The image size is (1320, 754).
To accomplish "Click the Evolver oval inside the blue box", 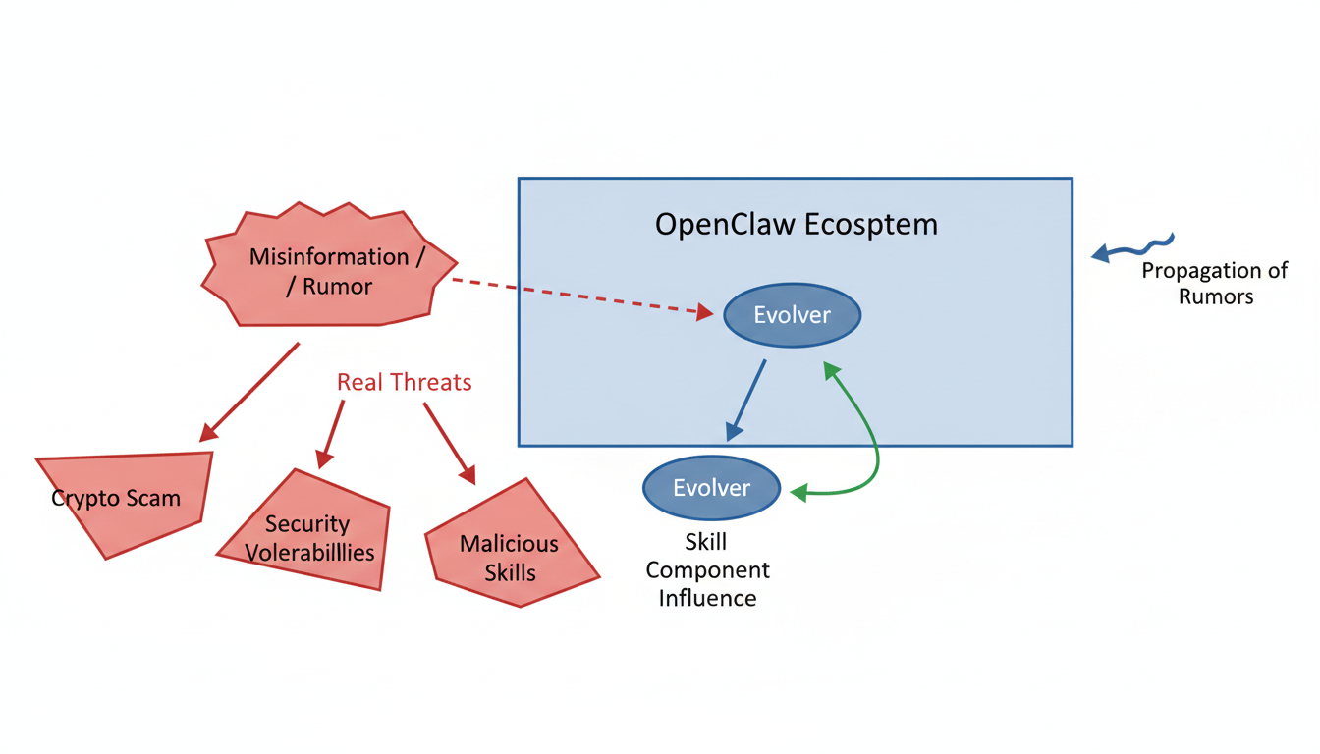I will point(792,315).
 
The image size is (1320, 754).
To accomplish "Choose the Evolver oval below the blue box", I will point(711,488).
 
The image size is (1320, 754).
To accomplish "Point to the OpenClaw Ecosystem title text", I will point(796,224).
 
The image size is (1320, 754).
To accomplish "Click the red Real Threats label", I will point(404,382).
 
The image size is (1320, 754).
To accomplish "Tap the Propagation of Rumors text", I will point(1215,283).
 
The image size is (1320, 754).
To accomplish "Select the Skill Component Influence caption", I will point(707,569).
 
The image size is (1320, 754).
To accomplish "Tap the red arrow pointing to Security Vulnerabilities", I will point(332,433).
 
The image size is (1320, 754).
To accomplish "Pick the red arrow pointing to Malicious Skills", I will point(449,442).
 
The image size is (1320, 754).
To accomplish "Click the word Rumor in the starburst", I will point(337,287).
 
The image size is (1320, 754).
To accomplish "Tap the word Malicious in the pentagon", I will point(509,544).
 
